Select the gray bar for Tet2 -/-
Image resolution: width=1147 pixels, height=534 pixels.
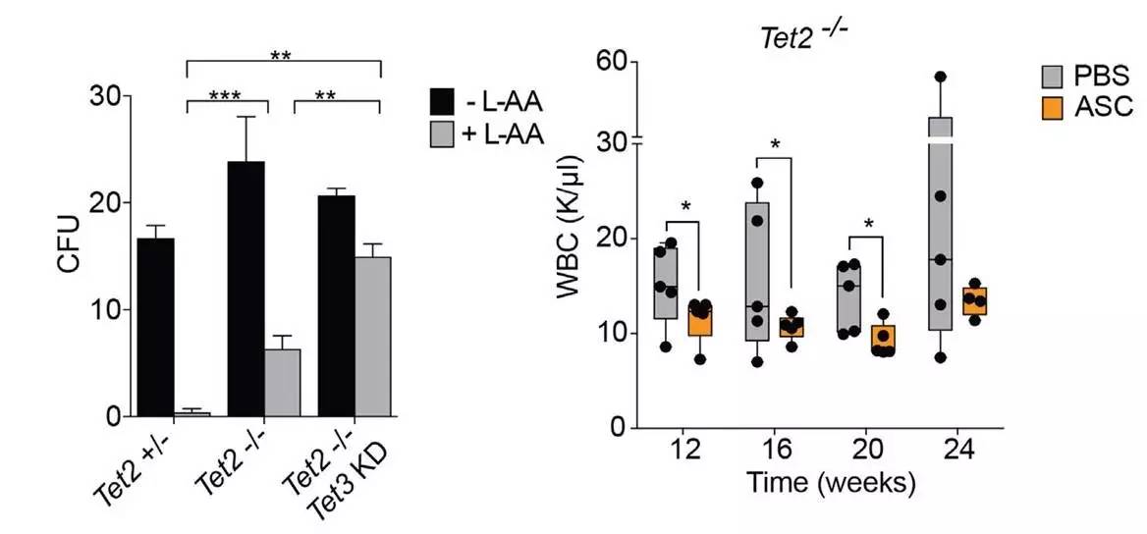point(283,383)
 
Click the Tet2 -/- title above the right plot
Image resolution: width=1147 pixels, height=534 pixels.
point(802,37)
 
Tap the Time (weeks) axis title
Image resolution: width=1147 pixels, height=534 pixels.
point(831,483)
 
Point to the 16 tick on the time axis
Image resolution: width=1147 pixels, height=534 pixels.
point(777,453)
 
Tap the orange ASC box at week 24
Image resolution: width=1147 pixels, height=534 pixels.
point(975,301)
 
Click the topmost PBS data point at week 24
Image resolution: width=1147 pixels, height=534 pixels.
point(940,77)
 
